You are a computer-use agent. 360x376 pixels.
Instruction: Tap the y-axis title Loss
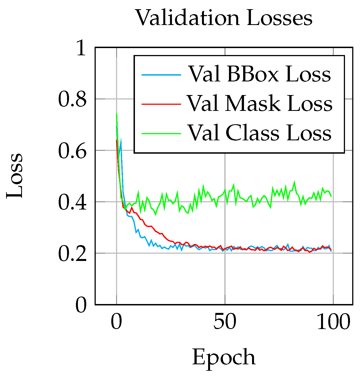14,176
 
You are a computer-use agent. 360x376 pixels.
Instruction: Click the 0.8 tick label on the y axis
72,99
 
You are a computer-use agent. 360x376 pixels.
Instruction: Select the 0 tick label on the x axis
117,322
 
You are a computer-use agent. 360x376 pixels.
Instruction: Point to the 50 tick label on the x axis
225,322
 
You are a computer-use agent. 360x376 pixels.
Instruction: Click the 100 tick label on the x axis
333,322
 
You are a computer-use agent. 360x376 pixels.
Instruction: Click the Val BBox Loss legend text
260,74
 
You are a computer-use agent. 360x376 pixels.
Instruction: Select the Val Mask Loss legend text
260,104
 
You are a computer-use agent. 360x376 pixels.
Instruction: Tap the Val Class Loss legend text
260,133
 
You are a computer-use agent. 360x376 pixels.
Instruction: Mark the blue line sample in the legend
161,75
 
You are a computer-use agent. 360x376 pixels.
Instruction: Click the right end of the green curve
331,196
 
